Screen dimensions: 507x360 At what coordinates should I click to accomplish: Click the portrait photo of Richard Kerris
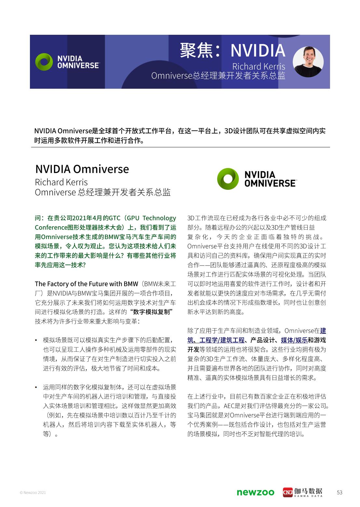(308, 61)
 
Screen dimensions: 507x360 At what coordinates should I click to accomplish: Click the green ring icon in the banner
(44, 62)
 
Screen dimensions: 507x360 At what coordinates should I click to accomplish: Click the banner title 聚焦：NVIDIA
(233, 50)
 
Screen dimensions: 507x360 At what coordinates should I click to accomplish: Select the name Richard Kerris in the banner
(259, 67)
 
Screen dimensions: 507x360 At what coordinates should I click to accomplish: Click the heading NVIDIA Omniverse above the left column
(82, 169)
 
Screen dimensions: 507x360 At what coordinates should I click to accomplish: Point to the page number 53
(340, 492)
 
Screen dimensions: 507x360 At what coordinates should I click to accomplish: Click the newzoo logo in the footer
(255, 492)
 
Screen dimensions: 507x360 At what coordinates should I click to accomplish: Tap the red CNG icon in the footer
(287, 492)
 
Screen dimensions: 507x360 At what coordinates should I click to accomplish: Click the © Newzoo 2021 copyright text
(33, 493)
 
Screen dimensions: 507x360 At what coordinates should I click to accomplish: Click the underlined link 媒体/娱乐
(294, 340)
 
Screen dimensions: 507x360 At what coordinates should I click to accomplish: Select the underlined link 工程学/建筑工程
(222, 340)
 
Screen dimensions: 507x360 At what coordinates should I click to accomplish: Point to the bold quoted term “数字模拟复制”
(151, 312)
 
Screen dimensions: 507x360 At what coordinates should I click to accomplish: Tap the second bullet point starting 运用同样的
(110, 387)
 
